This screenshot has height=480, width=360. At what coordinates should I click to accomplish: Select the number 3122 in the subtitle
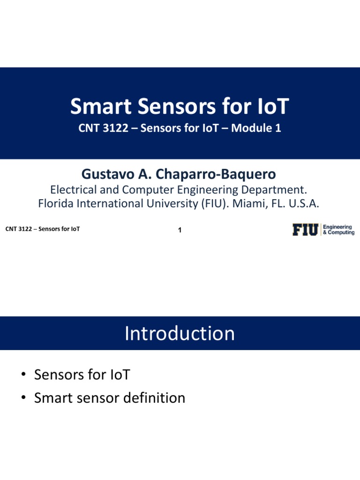115,128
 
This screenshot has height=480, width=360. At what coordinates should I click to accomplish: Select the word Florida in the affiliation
55,204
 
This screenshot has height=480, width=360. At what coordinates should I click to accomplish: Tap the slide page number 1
180,230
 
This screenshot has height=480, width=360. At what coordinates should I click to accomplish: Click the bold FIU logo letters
306,230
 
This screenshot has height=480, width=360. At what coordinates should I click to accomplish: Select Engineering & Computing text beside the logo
338,230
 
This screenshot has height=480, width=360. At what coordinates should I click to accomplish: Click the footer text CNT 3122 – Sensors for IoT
43,229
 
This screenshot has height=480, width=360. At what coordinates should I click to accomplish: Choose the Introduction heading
180,333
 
